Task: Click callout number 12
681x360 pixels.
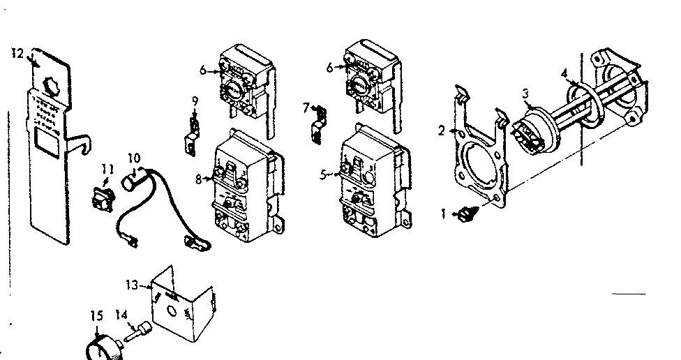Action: click(18, 52)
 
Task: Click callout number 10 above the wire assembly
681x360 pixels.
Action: click(134, 158)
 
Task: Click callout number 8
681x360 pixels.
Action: click(199, 179)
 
